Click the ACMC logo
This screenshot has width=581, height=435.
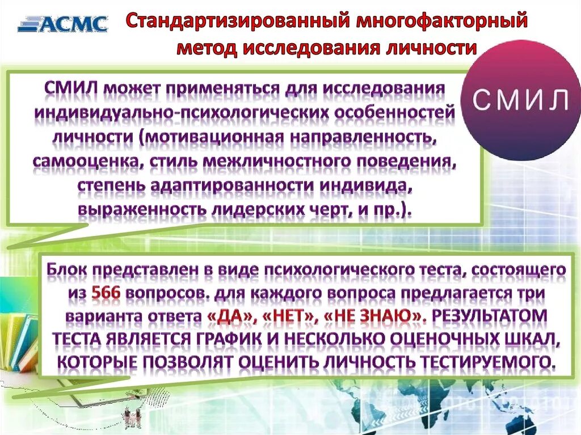62,23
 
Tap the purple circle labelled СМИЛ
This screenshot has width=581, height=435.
520,100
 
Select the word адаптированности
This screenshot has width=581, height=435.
231,185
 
